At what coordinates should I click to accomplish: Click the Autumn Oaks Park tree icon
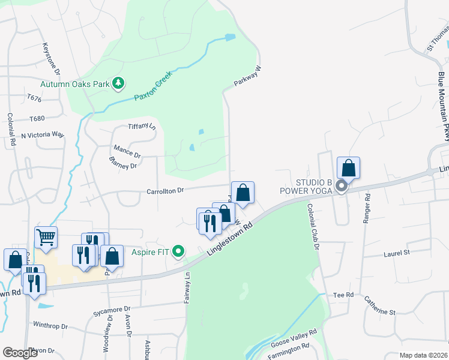[x=118, y=83]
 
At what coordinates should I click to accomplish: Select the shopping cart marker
[x=46, y=236]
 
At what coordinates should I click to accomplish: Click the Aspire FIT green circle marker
[x=178, y=251]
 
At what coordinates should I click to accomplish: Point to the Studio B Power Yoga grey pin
[x=341, y=187]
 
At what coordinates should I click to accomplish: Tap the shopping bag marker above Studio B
[x=348, y=169]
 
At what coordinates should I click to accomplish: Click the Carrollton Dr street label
[x=164, y=190]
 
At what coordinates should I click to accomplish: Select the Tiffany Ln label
[x=142, y=127]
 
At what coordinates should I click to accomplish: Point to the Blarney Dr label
[x=123, y=163]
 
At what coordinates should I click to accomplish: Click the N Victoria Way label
[x=42, y=136]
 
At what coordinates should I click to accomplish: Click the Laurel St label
[x=396, y=254]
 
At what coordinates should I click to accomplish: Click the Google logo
[x=20, y=353]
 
